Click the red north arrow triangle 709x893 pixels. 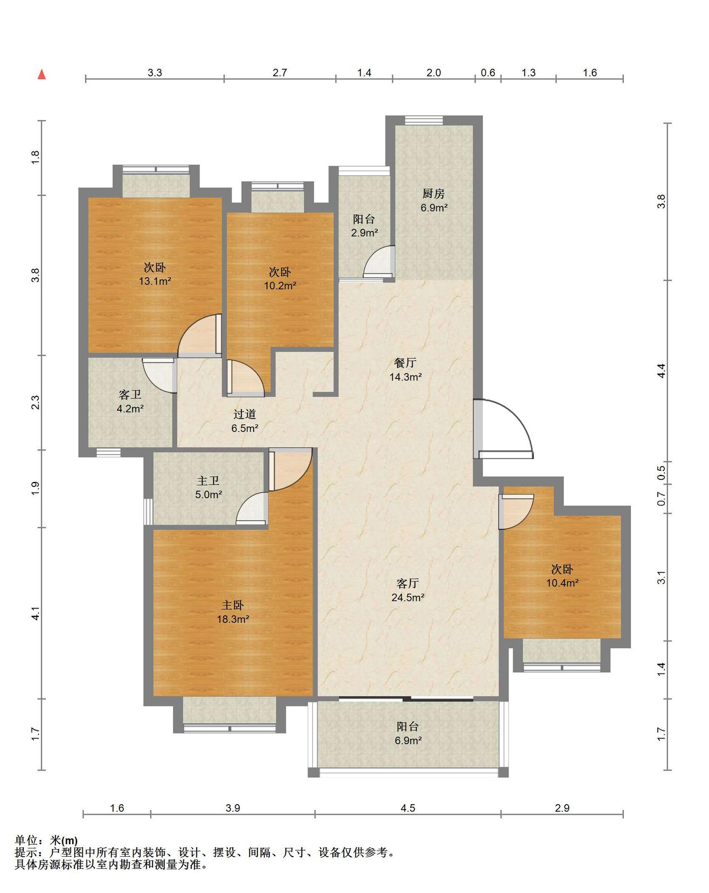point(42,74)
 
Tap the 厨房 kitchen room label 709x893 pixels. point(434,193)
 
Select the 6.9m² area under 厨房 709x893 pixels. point(434,207)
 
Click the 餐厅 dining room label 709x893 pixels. point(405,362)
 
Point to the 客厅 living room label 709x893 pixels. point(408,583)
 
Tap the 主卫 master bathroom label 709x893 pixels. point(208,480)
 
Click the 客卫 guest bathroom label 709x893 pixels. point(130,395)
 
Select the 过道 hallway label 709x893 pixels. point(245,414)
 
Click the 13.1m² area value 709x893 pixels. point(155,281)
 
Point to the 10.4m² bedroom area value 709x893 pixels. point(562,583)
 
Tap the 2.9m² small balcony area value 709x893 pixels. point(364,233)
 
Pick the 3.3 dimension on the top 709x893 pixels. point(155,73)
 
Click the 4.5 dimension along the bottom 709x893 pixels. point(408,808)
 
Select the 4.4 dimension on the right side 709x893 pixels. point(661,371)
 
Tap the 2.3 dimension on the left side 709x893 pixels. point(35,402)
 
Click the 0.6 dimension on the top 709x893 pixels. point(488,73)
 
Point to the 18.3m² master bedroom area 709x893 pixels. point(233,619)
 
